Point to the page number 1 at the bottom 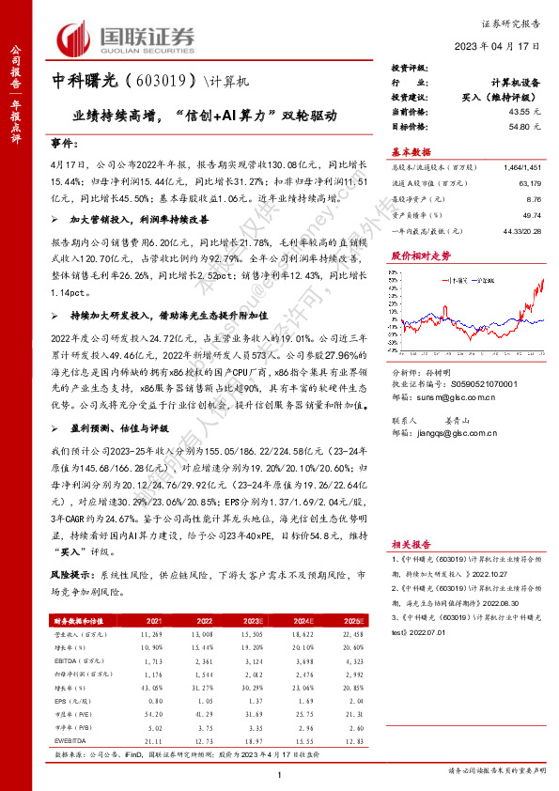[x=280, y=773]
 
